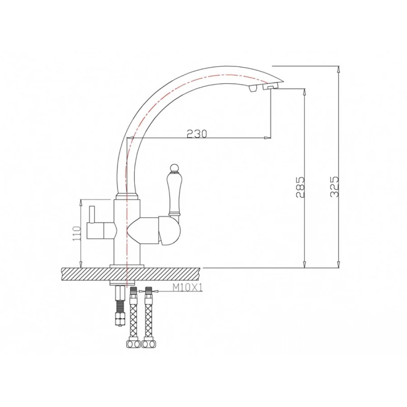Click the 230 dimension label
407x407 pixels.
(x=197, y=133)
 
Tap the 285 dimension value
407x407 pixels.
(x=300, y=187)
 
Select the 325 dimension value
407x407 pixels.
(x=335, y=187)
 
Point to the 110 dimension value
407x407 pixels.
(x=77, y=233)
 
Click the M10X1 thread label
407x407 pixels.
(x=187, y=287)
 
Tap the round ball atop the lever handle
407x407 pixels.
(x=174, y=168)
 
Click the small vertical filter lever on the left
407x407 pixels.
(x=91, y=215)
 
